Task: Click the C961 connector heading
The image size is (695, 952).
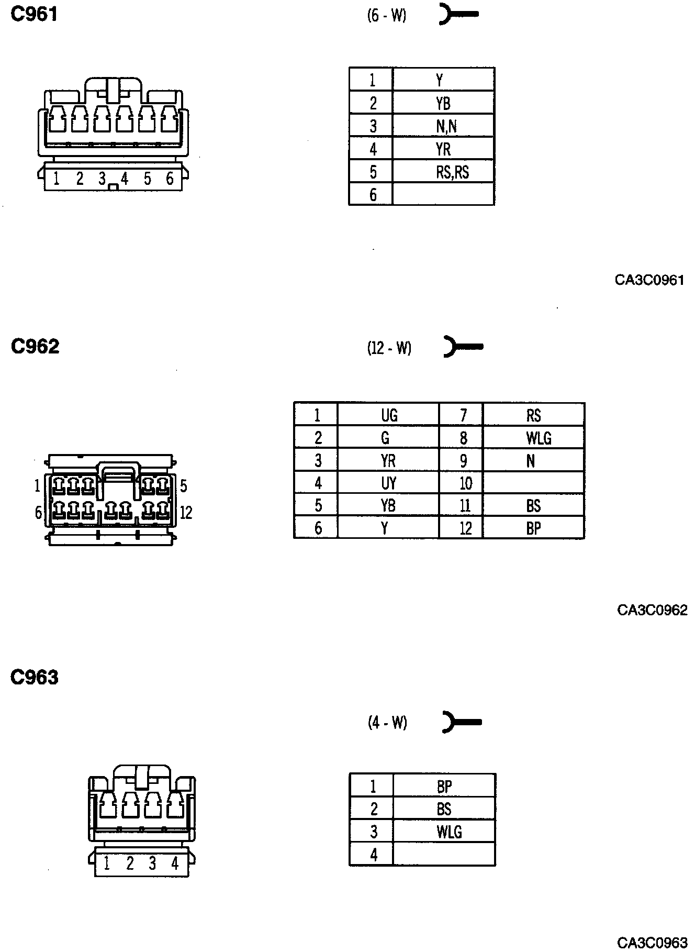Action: (x=34, y=15)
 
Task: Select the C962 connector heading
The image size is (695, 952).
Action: (x=35, y=346)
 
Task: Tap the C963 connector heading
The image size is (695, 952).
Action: (x=35, y=678)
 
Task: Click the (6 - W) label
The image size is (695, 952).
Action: (x=387, y=16)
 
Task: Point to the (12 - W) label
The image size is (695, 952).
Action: (x=389, y=348)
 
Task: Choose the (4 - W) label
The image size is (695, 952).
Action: (x=387, y=723)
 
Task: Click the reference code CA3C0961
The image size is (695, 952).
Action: (x=649, y=280)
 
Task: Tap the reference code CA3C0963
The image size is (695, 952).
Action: (x=652, y=943)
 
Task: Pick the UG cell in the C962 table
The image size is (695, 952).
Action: (x=389, y=415)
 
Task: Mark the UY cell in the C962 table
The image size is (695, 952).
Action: (x=388, y=483)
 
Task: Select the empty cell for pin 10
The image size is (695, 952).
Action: (x=533, y=483)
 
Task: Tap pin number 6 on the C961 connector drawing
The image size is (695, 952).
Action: (x=170, y=179)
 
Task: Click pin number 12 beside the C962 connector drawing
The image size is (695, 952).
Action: (x=186, y=513)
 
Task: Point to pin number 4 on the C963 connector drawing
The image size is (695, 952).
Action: (x=175, y=863)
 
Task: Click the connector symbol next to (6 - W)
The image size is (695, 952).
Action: (x=458, y=15)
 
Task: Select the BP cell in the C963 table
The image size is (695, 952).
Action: (x=444, y=786)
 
